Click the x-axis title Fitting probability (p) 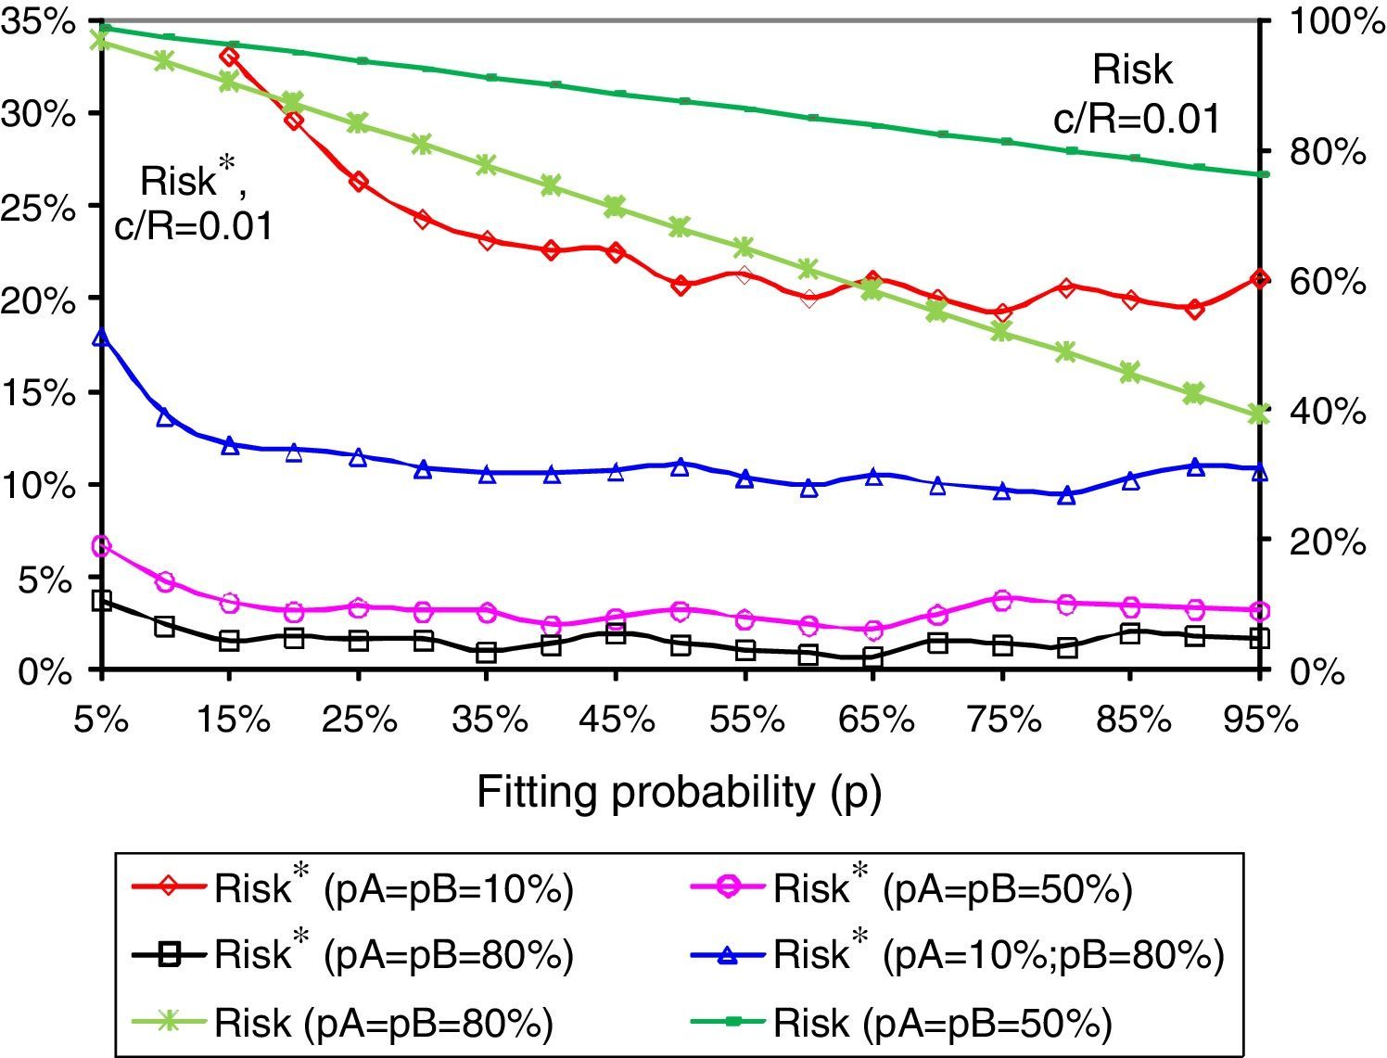point(679,794)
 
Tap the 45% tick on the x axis point(616,720)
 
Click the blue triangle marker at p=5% point(102,338)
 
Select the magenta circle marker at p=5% point(102,546)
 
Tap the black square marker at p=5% point(102,601)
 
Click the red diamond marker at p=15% point(230,57)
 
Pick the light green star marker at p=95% point(1258,414)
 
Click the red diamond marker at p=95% point(1258,279)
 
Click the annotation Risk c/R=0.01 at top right point(1135,95)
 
